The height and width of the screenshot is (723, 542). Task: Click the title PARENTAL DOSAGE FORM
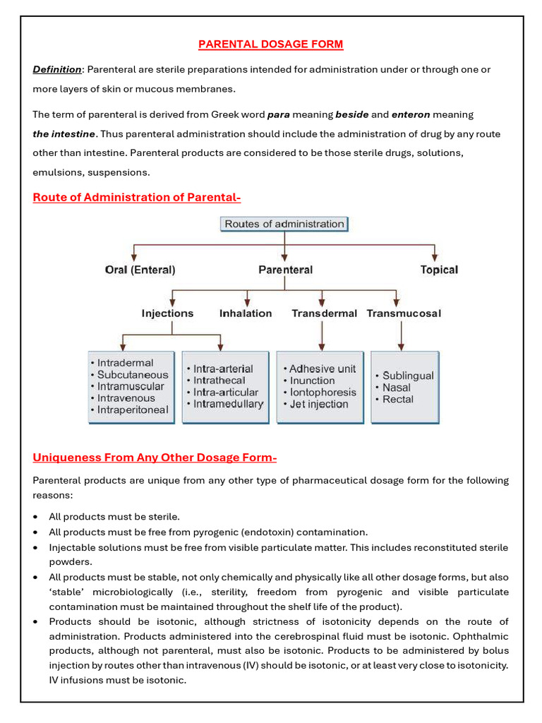(x=270, y=44)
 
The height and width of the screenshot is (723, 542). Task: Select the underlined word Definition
(x=56, y=69)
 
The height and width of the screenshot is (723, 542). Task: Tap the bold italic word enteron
(x=410, y=114)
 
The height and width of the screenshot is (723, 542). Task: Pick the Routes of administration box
(x=284, y=225)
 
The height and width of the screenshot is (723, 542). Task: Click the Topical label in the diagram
(x=438, y=270)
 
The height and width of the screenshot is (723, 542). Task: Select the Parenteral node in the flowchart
(x=285, y=270)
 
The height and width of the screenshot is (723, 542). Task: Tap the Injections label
(x=167, y=313)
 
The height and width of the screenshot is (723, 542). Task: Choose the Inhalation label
(x=246, y=313)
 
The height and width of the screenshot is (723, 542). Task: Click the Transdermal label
(x=324, y=313)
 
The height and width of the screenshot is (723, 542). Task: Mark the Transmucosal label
(x=404, y=313)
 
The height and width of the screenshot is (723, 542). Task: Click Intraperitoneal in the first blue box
(x=133, y=410)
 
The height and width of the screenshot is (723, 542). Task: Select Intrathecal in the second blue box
(x=219, y=381)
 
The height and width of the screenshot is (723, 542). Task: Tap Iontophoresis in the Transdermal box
(x=323, y=393)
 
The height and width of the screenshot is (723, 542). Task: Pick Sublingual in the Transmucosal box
(x=408, y=376)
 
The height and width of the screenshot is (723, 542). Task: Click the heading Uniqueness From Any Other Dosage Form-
(x=155, y=458)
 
